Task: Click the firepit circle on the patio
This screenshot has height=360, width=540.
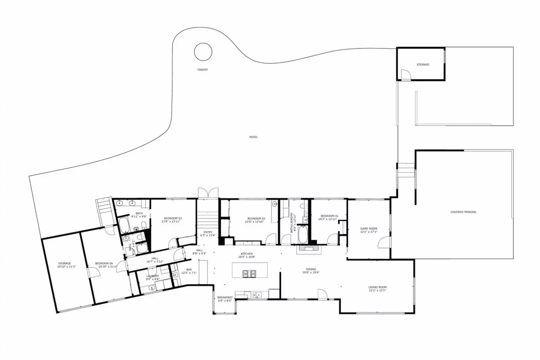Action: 203,52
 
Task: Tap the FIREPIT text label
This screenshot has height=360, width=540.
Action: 203,70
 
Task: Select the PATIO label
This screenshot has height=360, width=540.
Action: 253,137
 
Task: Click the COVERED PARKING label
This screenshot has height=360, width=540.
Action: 463,212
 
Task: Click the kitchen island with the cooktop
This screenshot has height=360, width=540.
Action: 250,270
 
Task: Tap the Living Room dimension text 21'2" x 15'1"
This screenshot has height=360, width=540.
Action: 377,290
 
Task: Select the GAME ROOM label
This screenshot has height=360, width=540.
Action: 368,229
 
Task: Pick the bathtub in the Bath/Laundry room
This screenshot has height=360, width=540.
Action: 303,235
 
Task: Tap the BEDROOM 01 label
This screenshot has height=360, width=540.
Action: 329,216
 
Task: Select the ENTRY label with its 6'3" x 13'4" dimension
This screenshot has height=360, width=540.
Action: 208,234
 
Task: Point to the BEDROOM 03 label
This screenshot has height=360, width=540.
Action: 173,218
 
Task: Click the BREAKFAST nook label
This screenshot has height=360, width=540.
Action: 225,298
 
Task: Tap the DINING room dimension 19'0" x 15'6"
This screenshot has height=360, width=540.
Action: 311,273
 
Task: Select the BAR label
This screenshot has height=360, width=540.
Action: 189,269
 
